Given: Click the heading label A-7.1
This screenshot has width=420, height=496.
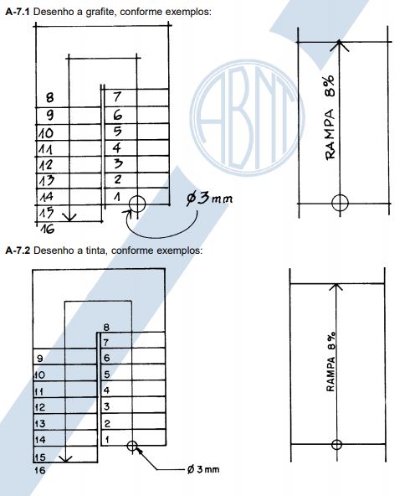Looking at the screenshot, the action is click(18, 12).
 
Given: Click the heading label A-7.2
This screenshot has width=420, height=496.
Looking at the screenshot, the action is click(18, 251).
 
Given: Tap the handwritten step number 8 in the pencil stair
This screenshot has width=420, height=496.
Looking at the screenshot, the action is click(49, 97).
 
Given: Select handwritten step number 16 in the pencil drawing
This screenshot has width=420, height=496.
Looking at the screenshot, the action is click(48, 229).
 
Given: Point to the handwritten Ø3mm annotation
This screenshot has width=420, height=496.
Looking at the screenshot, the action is click(209, 199).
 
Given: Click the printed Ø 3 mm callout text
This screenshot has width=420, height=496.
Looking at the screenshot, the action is click(203, 469).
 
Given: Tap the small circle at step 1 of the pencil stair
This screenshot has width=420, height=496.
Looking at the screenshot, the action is click(137, 204).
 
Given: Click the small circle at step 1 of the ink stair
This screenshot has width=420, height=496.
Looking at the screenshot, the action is click(132, 446).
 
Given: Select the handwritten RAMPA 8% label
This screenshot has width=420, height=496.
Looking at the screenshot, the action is click(330, 117).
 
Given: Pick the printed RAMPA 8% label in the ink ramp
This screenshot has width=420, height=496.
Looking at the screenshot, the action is click(330, 362).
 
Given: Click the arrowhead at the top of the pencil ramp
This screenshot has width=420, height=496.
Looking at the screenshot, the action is click(340, 45).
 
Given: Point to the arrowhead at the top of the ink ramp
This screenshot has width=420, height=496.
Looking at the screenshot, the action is click(336, 287).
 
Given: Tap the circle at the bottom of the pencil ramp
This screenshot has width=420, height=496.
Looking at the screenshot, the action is click(341, 203).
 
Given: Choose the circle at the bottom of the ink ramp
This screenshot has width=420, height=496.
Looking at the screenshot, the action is click(336, 444).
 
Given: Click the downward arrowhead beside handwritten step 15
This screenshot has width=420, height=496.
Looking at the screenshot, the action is click(69, 217).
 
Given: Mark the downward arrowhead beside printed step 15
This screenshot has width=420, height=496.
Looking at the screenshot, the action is click(65, 458).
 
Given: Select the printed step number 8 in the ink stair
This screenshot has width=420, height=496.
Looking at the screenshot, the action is click(106, 327).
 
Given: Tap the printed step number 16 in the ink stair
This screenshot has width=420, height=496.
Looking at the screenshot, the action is click(40, 470).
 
